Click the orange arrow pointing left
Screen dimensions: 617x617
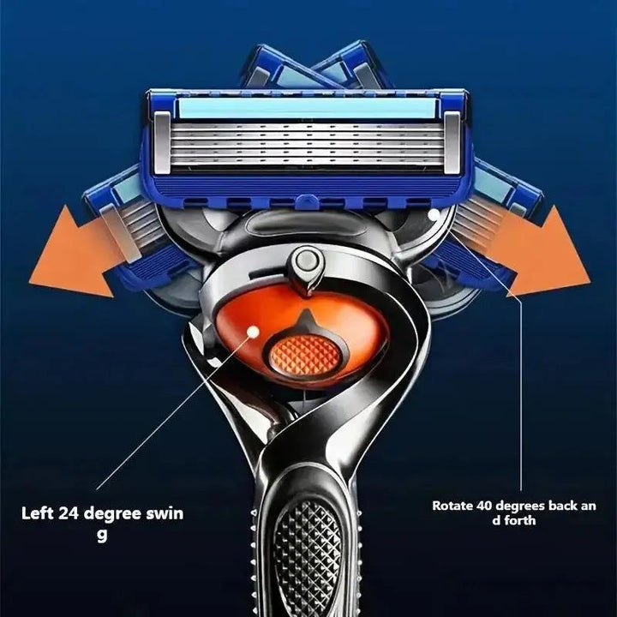(x=73, y=253)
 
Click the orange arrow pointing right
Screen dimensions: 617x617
(x=544, y=253)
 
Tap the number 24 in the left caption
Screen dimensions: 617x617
(x=69, y=514)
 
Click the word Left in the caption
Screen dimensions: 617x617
(x=37, y=514)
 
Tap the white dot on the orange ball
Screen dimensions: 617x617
(x=252, y=330)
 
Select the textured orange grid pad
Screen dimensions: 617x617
(x=307, y=352)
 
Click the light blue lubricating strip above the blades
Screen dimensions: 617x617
(x=307, y=106)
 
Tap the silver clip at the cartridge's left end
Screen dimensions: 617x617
(x=162, y=141)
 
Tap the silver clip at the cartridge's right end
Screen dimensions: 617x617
(x=452, y=141)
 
